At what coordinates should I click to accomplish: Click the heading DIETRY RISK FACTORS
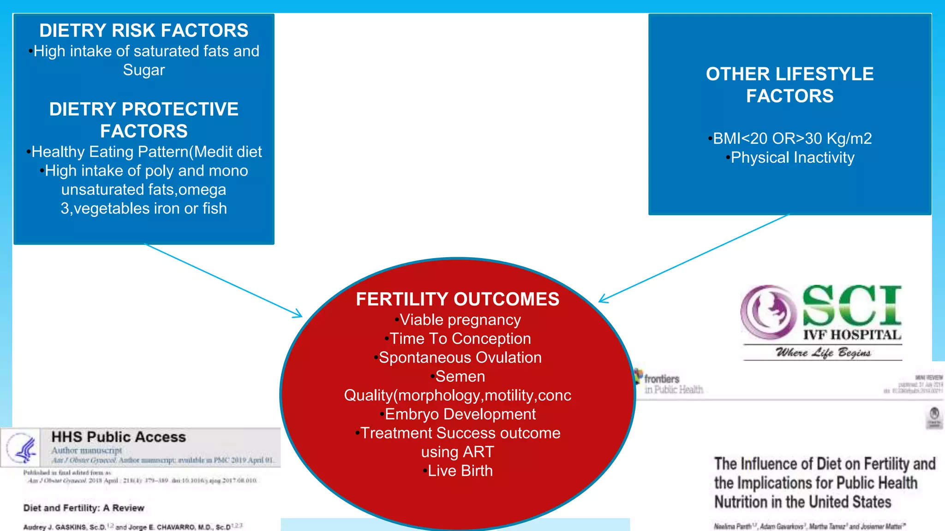[144, 30]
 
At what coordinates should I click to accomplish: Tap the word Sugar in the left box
[144, 70]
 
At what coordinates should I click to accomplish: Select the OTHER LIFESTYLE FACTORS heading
[789, 85]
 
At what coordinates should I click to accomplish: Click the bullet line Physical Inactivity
[792, 158]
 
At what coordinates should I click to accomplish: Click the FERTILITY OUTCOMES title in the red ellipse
[457, 299]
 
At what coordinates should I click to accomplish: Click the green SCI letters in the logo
[852, 305]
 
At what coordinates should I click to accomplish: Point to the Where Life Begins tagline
[823, 353]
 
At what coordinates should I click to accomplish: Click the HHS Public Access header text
[119, 437]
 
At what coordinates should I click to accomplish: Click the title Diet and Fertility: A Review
[84, 508]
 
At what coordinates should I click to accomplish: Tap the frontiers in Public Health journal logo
[669, 383]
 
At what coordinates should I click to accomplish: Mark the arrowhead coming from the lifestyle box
[602, 301]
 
